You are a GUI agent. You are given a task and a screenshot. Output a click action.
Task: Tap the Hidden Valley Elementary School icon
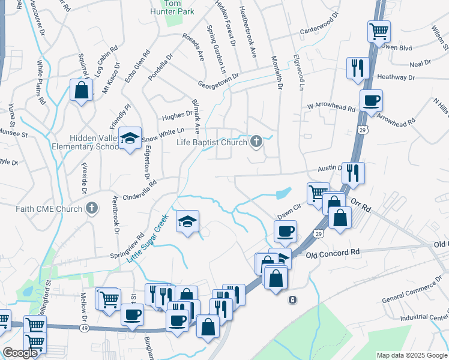[x=130, y=139]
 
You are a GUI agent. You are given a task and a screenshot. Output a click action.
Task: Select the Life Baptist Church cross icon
[x=256, y=142]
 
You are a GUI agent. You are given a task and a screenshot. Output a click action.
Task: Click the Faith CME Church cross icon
[x=92, y=209]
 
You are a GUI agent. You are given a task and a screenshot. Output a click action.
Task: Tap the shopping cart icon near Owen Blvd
[x=379, y=31]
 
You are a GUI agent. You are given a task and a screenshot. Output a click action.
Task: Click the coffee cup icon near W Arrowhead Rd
[x=371, y=101]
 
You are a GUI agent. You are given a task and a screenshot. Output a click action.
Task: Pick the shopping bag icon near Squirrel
[x=81, y=91]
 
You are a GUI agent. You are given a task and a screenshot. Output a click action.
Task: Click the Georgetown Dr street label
[x=218, y=79]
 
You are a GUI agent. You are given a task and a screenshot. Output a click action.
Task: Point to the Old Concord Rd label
[x=332, y=254]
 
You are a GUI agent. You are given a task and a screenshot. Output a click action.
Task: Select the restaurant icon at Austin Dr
[x=354, y=173]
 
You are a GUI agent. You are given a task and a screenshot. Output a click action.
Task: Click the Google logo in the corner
[x=19, y=353]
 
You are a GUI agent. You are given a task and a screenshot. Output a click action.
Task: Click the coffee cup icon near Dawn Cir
[x=285, y=231]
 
